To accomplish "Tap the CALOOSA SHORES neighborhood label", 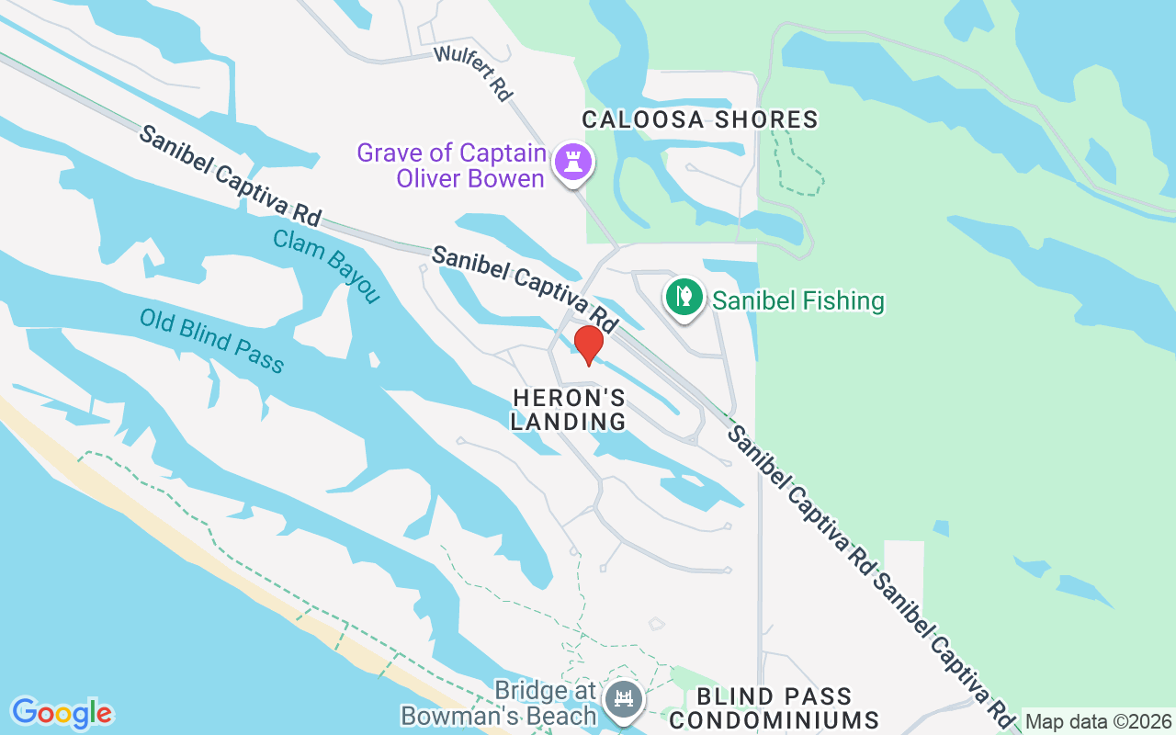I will (x=700, y=119).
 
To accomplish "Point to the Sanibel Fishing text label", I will (x=798, y=300).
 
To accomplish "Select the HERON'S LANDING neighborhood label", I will (x=569, y=410).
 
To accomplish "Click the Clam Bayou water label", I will (x=326, y=266).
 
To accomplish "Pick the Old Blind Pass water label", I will (x=212, y=341).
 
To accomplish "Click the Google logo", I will (x=62, y=713).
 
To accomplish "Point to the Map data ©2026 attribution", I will (x=1098, y=722).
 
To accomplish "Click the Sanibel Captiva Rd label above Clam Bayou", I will (x=230, y=175).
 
